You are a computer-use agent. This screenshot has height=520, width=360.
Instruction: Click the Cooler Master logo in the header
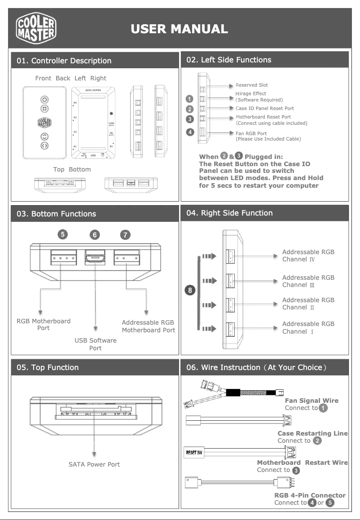click(x=36, y=29)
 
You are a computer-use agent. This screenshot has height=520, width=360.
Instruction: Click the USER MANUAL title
click(x=179, y=29)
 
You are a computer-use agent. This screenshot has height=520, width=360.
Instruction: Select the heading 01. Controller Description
click(x=64, y=61)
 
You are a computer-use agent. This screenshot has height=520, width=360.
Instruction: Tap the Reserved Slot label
click(x=251, y=85)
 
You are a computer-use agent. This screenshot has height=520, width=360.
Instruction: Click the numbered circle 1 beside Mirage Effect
click(x=190, y=99)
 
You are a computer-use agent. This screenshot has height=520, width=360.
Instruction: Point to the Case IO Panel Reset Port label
click(x=264, y=108)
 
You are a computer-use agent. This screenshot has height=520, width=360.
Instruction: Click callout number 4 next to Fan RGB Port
click(x=190, y=132)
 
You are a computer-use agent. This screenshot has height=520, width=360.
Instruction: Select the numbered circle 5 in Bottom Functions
click(x=63, y=234)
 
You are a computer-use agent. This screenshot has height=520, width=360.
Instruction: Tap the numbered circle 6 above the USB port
click(x=95, y=234)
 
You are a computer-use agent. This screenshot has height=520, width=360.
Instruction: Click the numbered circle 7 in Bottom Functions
click(x=126, y=234)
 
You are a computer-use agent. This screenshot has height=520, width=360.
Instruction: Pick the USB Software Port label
click(x=95, y=344)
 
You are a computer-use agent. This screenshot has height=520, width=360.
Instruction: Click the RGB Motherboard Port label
click(x=44, y=324)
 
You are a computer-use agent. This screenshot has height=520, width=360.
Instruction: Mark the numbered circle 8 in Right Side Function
click(x=190, y=291)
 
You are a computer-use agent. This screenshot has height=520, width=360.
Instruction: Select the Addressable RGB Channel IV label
click(x=308, y=256)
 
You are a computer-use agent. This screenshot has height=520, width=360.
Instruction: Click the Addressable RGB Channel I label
click(x=308, y=327)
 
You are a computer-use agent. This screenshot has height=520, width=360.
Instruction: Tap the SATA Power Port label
click(x=94, y=464)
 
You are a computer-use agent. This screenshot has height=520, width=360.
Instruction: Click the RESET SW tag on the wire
click(x=194, y=452)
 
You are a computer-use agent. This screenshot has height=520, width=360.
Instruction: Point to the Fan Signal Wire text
click(x=312, y=401)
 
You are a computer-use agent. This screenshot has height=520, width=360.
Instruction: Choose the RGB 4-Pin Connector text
click(x=310, y=495)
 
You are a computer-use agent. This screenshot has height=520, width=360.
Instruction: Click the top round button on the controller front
click(x=44, y=99)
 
